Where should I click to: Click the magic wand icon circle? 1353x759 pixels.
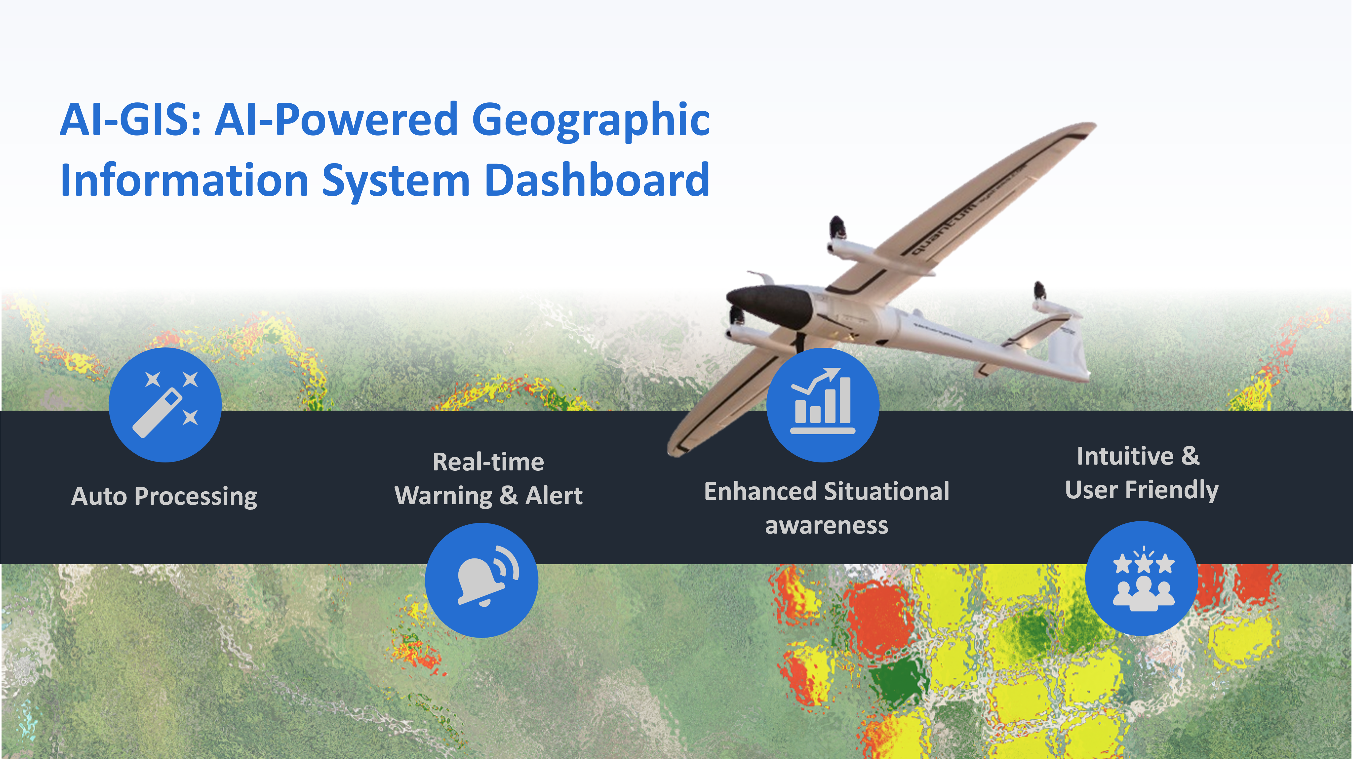pos(165,405)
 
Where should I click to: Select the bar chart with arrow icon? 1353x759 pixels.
pos(823,405)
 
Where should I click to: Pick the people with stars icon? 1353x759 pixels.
pos(1141,578)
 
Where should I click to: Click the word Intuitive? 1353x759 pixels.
pos(1125,456)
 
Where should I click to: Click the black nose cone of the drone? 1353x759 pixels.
pos(770,305)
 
